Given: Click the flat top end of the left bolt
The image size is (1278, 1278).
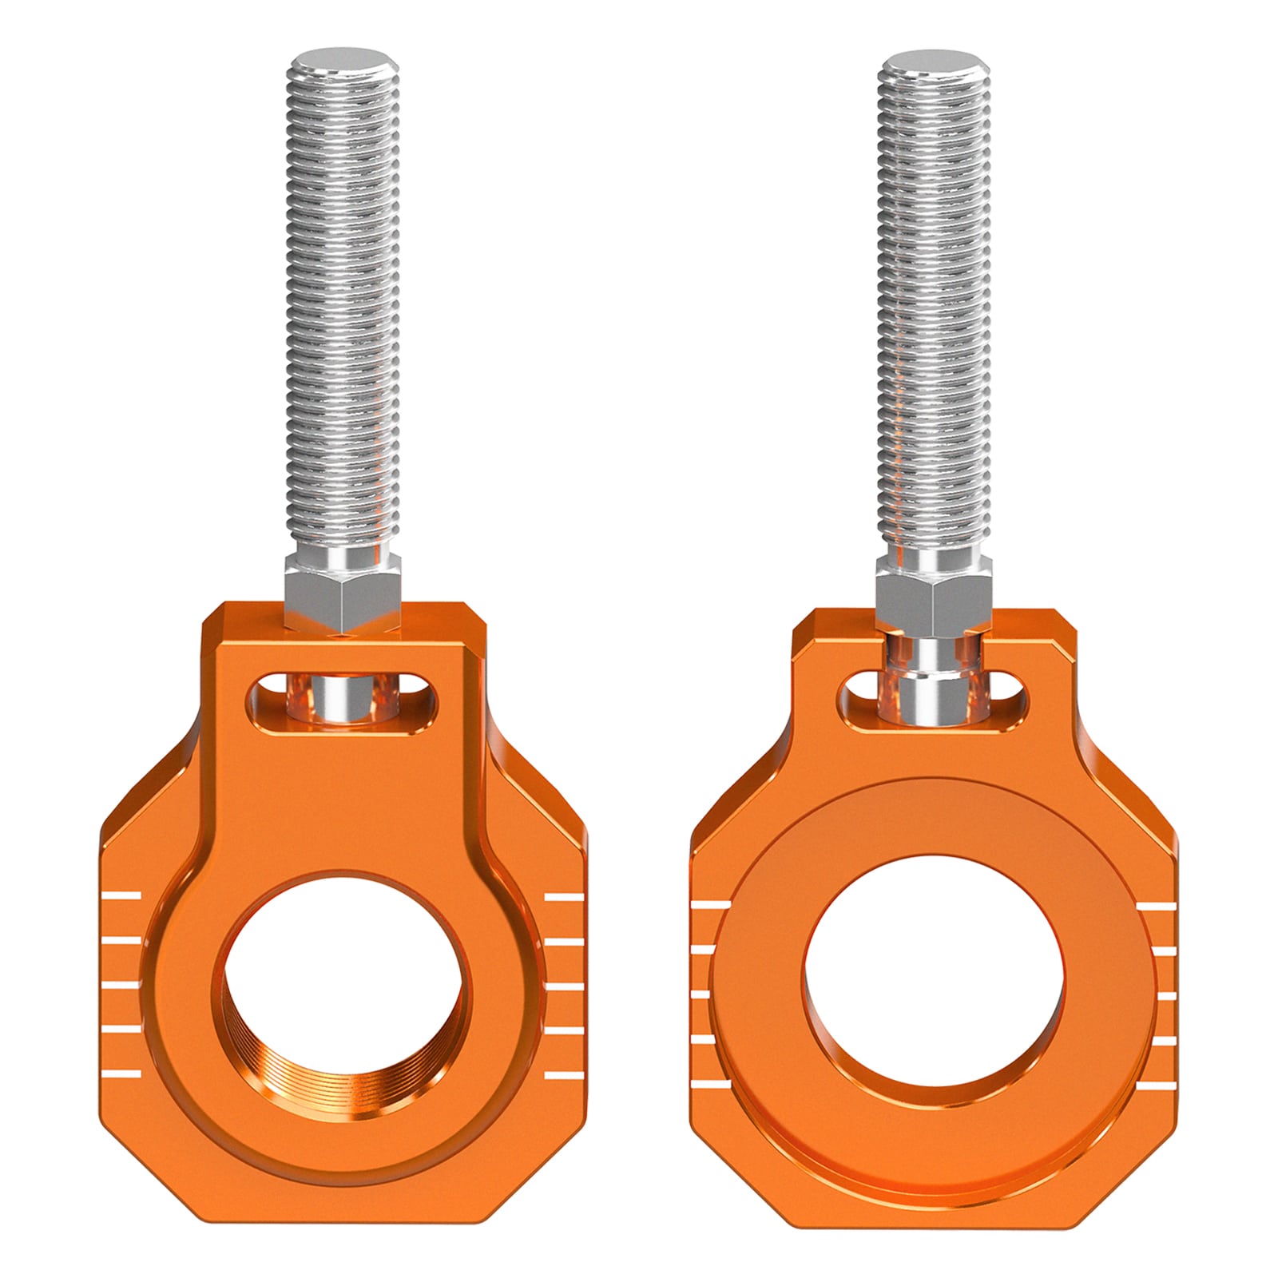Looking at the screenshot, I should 344,62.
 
